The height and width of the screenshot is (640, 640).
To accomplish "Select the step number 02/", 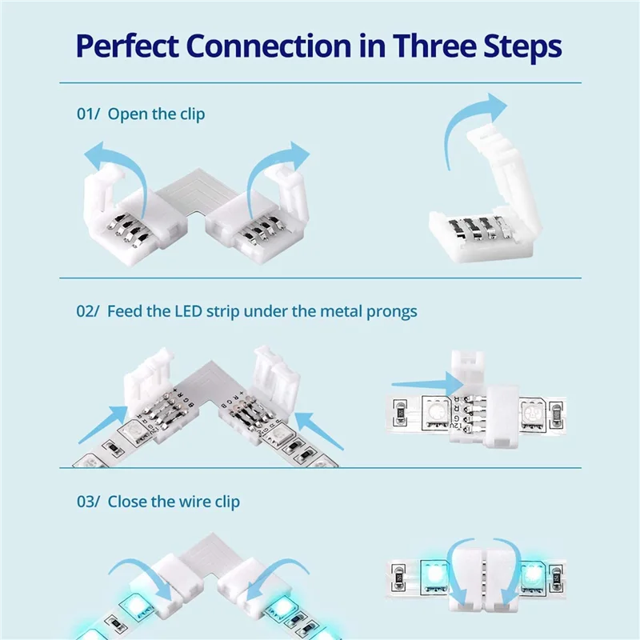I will [x=88, y=310].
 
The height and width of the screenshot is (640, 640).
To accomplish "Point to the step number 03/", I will [x=88, y=502].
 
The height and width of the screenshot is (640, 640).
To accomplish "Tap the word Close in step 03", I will [x=128, y=502].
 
